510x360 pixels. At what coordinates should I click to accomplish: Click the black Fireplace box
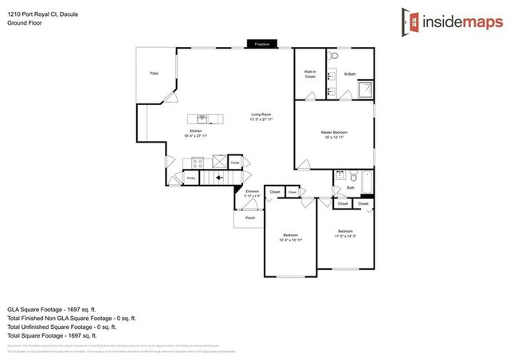[x=261, y=44]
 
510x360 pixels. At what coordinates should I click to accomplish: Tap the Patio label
[x=154, y=73]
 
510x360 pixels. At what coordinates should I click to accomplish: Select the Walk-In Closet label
[x=310, y=74]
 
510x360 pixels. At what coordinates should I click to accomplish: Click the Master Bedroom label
[x=334, y=134]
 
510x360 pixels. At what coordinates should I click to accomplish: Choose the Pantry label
[x=191, y=178]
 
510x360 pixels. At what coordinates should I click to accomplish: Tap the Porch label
[x=249, y=217]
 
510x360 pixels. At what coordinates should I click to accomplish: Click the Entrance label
[x=252, y=193]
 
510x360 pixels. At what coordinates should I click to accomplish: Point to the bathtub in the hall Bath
[x=367, y=182]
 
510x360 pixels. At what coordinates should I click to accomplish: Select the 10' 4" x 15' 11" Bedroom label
[x=290, y=237]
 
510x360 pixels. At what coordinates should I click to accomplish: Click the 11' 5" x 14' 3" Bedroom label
[x=345, y=234]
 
